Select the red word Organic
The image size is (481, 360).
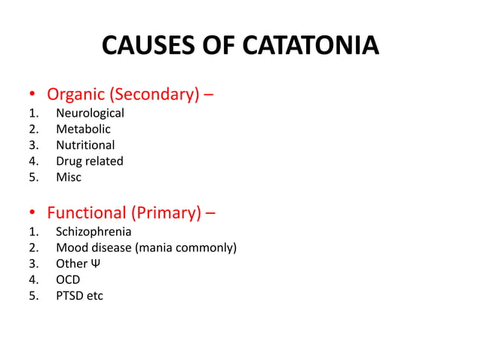tap(78, 95)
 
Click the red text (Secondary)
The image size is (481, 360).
tap(157, 95)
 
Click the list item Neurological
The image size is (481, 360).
tap(90, 114)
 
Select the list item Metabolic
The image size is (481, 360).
tap(83, 130)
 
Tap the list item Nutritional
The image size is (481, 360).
tap(85, 145)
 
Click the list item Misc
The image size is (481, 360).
tap(69, 177)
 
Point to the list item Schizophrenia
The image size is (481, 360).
tap(93, 232)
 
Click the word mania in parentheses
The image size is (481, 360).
tap(155, 248)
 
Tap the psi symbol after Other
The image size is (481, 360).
tap(95, 264)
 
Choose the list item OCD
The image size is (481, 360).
tap(68, 279)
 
